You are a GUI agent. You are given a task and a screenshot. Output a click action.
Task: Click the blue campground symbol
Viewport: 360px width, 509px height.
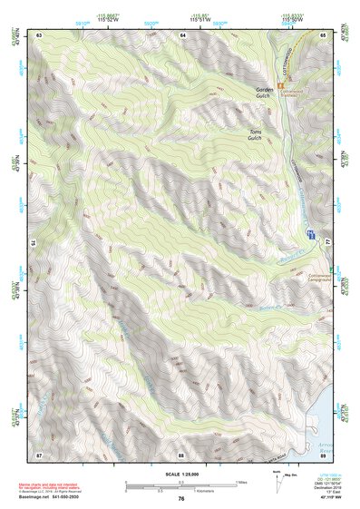click(x=310, y=234)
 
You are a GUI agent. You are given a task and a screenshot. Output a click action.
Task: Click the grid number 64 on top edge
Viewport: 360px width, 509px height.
click(x=181, y=34)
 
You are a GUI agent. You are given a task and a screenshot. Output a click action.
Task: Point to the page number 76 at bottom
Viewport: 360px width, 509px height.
click(x=181, y=499)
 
